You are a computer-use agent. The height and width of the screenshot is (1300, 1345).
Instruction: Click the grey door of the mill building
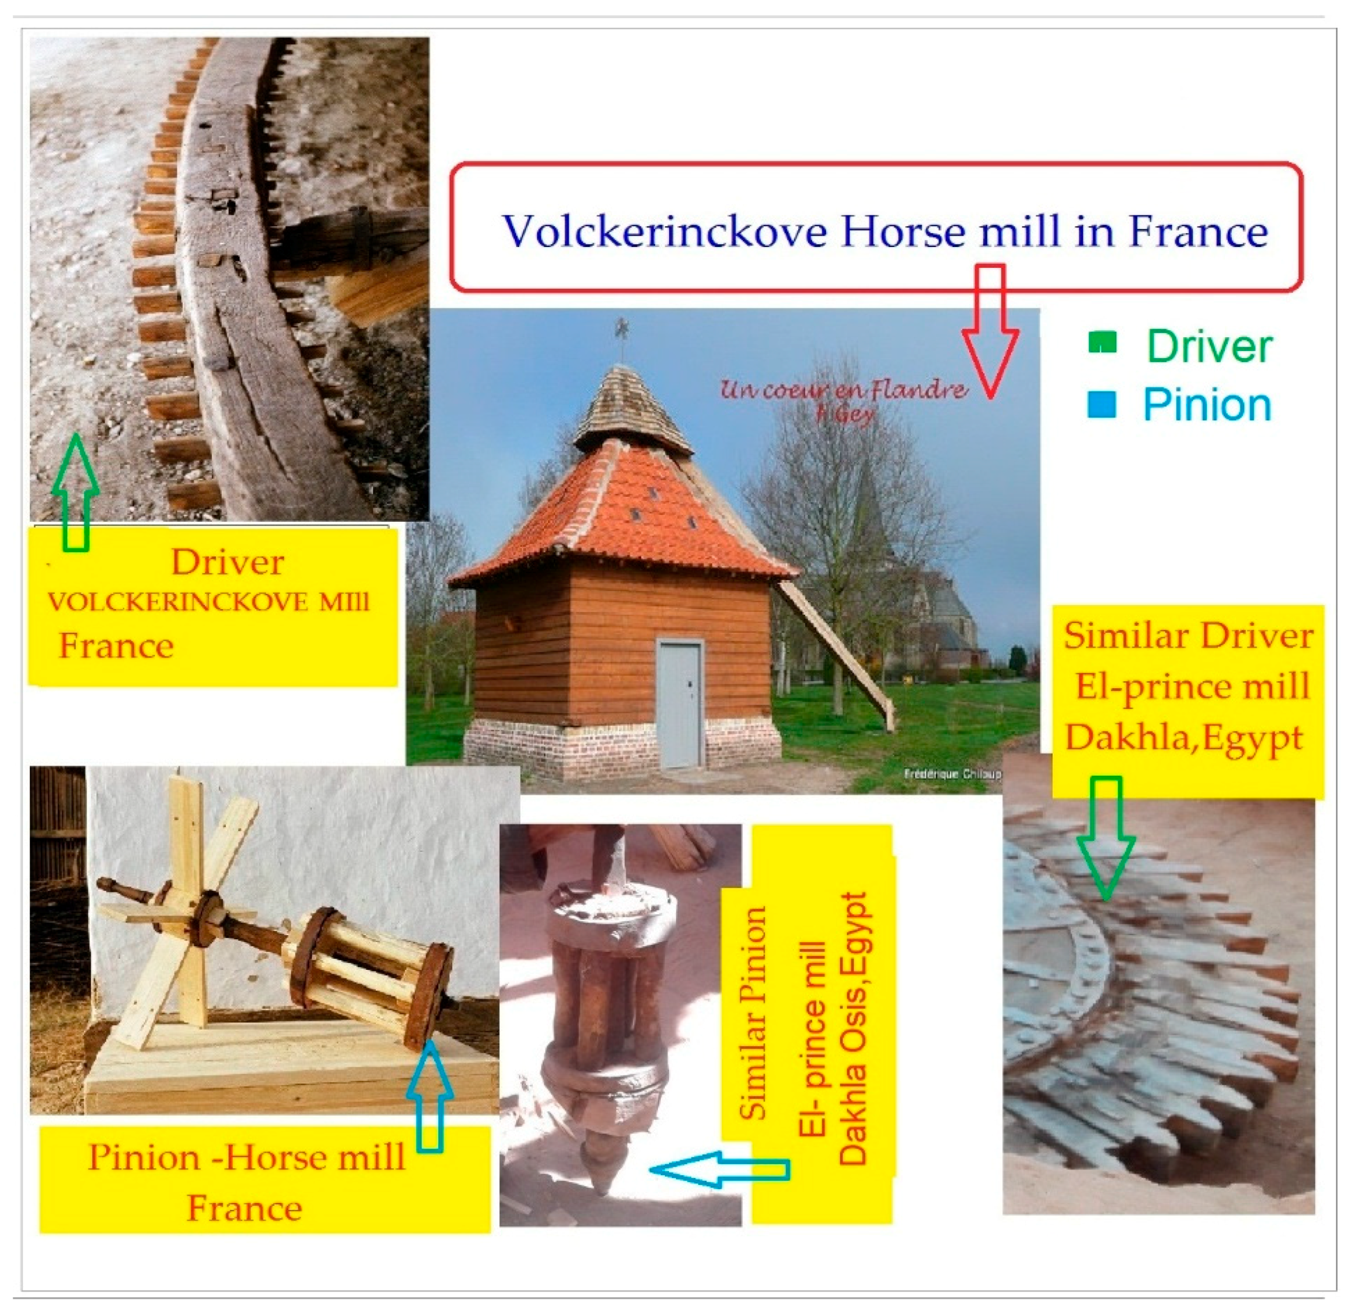(679, 703)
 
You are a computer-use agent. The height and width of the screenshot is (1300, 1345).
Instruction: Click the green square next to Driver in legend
(1102, 342)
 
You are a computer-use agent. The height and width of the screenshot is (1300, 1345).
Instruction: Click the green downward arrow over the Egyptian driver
(1105, 838)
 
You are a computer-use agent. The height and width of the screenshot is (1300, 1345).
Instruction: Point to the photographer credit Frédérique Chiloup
(952, 774)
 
